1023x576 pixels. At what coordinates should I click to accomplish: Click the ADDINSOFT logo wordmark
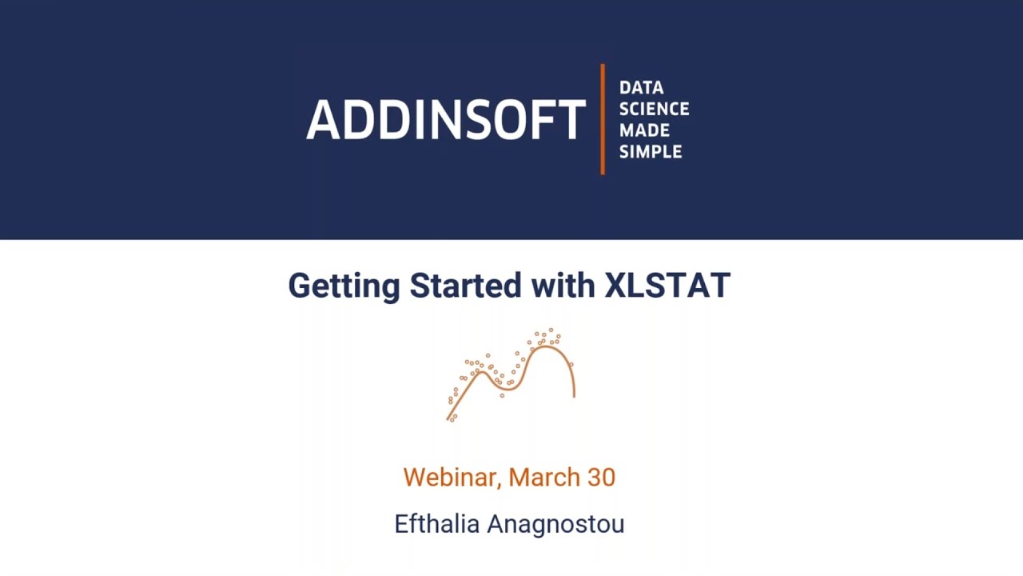446,120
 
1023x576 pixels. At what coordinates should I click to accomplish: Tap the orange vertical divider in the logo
603,119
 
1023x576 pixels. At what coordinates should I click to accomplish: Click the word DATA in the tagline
641,87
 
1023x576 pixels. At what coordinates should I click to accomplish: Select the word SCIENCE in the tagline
654,109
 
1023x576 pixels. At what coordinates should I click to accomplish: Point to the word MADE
644,130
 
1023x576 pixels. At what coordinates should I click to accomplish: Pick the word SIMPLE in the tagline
651,152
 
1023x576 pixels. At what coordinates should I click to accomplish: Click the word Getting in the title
344,286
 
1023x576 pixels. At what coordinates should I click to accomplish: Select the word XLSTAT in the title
667,286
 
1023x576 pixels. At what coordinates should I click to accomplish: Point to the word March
544,478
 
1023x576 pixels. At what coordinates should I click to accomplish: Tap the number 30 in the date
601,478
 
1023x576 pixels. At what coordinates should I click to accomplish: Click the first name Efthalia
437,524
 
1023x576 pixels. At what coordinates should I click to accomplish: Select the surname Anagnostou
555,524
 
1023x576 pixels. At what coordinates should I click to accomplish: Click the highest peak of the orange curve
547,346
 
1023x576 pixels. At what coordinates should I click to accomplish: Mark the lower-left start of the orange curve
448,418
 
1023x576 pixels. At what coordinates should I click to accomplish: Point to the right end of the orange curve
574,395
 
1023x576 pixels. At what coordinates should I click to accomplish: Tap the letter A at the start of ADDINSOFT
320,120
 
